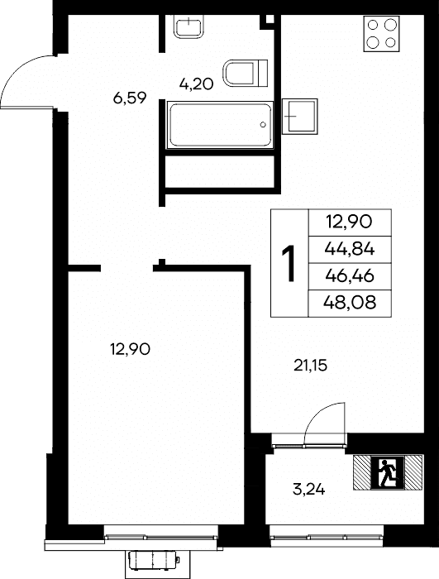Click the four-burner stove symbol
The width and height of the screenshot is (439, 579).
(x=381, y=34)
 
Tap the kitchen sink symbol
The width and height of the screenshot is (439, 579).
(x=300, y=117)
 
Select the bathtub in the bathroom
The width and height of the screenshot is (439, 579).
(x=220, y=125)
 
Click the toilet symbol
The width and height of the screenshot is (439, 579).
(x=246, y=73)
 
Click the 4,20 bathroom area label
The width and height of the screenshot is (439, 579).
(x=197, y=84)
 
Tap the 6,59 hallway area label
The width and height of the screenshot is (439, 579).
(x=130, y=98)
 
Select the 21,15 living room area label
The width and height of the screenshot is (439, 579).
(x=311, y=366)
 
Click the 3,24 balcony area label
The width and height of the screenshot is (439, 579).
(x=308, y=490)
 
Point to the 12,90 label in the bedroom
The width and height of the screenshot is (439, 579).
(x=131, y=349)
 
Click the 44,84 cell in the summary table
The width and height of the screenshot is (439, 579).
(x=350, y=250)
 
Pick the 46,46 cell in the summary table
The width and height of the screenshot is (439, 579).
(x=350, y=276)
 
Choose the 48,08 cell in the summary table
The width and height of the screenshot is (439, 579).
(x=350, y=304)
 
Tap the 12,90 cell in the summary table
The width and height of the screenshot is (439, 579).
(x=350, y=223)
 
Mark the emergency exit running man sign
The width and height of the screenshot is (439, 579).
(x=388, y=472)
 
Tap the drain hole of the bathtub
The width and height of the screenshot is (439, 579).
(x=263, y=124)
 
